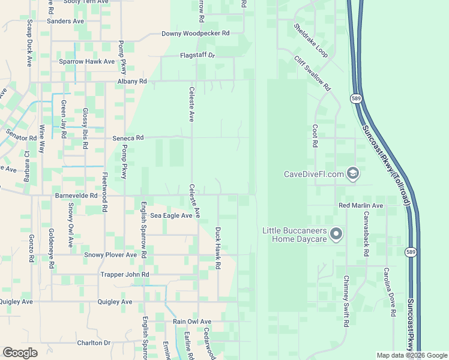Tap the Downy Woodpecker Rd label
196,34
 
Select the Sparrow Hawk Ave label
86,62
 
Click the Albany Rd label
132,81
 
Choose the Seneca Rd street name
128,137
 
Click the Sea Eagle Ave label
171,215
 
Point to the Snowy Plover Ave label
110,255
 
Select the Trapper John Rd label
125,274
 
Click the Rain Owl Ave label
192,322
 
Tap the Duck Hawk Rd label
218,248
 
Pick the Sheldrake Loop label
310,41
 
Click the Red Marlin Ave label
361,206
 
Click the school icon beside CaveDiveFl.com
353,174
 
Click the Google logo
20,353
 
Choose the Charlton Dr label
94,343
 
